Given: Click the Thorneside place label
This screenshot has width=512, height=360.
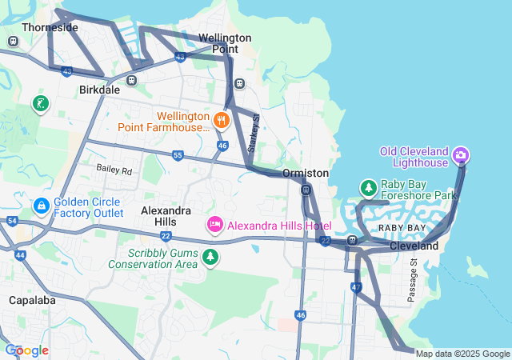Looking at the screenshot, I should tap(50, 27).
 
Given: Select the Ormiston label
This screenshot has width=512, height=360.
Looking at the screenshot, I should tap(305, 173).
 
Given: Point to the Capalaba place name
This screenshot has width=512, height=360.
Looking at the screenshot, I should tap(30, 300).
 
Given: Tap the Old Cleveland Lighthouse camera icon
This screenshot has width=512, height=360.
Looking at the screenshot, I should tap(461, 154).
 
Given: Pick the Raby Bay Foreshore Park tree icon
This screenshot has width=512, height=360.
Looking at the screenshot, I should tap(369, 188).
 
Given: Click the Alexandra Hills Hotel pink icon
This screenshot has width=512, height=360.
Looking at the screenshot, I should tap(214, 226).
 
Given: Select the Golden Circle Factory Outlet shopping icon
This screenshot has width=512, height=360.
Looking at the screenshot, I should tap(41, 206).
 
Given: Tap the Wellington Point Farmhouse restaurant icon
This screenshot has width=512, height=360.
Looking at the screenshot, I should tap(222, 121).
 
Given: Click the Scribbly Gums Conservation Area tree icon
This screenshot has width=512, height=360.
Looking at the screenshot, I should tap(210, 258).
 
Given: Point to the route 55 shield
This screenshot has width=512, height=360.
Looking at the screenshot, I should tap(178, 154).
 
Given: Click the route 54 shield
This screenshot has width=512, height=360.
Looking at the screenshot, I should tap(11, 220).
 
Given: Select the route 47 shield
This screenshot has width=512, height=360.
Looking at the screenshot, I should tap(356, 286).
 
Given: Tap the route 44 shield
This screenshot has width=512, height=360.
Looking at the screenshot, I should tap(21, 254).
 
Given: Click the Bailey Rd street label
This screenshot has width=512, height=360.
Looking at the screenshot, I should tap(114, 170).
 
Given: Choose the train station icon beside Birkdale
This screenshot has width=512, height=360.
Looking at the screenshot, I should tap(131, 80).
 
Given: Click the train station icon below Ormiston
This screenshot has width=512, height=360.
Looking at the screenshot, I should tap(306, 190).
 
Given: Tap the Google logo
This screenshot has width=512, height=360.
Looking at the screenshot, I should tap(26, 350).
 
